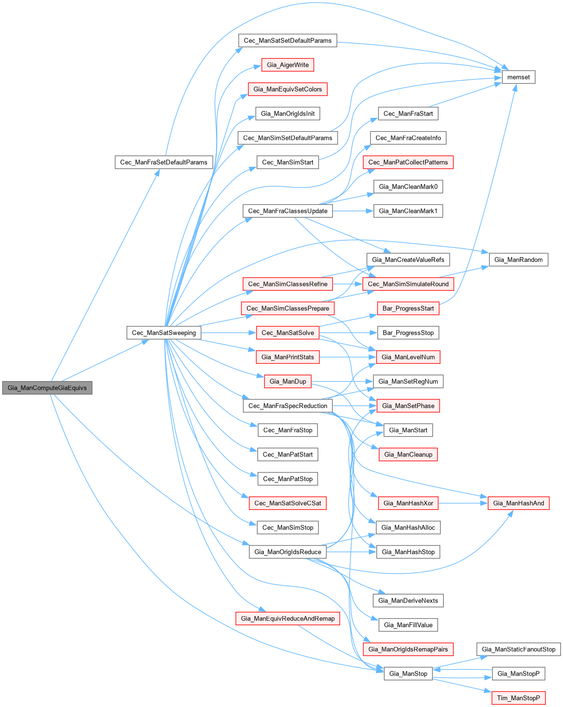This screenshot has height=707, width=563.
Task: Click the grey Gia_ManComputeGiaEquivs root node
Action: pos(47,388)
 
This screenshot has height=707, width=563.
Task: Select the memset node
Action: pos(518,77)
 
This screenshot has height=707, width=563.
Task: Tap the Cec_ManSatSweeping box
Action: pos(164,333)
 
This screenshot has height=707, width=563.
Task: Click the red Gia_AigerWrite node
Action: pos(288,65)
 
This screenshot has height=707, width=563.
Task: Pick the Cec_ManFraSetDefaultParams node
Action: pos(163,162)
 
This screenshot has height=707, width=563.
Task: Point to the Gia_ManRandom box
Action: pos(518,260)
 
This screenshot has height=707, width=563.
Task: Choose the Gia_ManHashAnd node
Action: pos(518,503)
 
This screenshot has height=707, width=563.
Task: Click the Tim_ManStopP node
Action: pos(518,698)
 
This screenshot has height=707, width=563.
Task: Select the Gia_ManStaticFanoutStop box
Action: pos(518,649)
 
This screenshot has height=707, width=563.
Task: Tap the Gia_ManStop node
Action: pos(408,673)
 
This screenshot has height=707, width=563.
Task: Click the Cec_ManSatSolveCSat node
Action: pos(288,503)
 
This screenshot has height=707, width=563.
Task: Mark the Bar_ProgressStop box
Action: pos(408,333)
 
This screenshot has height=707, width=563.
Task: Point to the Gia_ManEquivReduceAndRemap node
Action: pos(288,619)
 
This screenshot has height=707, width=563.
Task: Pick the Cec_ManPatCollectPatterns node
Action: pos(408,162)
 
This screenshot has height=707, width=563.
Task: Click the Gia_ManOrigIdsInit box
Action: pos(288,113)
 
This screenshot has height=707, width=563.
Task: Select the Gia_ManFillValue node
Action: pos(408,625)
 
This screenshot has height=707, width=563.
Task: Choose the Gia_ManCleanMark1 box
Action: pos(408,211)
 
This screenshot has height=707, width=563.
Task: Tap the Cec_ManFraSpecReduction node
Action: pos(288,406)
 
